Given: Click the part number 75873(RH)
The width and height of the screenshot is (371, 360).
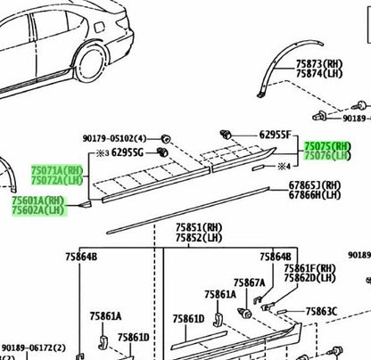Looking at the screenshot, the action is point(319,64).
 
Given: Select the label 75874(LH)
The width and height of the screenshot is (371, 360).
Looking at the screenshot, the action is point(319,73).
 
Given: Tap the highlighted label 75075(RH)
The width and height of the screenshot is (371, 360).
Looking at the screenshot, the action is point(327,146).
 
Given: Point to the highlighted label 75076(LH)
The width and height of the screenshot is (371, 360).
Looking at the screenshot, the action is point(327,155).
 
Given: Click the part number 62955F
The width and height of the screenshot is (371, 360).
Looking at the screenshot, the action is point(275,135).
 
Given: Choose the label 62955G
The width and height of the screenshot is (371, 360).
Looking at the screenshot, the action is point(128,152).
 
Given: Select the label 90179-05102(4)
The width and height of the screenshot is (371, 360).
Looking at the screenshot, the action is point(114,138).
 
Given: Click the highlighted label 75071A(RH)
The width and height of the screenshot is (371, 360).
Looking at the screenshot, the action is point(57,170).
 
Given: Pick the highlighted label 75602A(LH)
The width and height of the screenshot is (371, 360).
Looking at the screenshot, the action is point(38,210).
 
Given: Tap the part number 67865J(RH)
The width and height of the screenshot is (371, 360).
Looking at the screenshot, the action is point(315,185).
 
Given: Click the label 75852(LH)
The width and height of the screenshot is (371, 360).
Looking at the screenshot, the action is point(199,238).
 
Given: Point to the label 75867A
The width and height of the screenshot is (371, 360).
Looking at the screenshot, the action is point(249,282).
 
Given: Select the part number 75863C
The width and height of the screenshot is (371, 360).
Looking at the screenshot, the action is point(321,312).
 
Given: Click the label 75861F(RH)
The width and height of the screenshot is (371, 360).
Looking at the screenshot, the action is point(310,268).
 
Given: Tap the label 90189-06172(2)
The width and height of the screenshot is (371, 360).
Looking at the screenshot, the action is point(34,348).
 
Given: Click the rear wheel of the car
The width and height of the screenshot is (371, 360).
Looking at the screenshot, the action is point(92,66).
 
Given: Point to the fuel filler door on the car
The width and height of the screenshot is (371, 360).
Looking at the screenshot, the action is point(99,28).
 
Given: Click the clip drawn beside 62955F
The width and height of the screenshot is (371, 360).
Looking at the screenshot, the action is point(226,135).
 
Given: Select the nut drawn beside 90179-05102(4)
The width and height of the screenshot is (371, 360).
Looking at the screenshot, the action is point(165,138).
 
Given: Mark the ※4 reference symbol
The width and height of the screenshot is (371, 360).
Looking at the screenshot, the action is point(284,167).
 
